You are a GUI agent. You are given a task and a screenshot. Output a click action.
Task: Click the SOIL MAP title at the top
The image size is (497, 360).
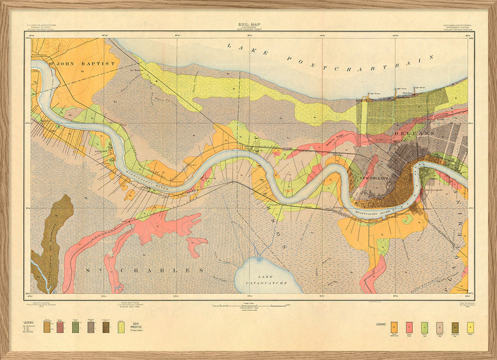tap(248, 24)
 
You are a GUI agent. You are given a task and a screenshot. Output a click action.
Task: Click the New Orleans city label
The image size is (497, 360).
tap(375, 178)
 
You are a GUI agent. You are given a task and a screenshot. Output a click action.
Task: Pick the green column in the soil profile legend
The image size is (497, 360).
tap(75, 326)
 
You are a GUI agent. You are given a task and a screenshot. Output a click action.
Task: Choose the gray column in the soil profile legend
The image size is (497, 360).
tap(90, 326)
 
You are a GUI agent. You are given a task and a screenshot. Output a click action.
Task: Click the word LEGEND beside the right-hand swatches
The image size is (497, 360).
tap(381, 324)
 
